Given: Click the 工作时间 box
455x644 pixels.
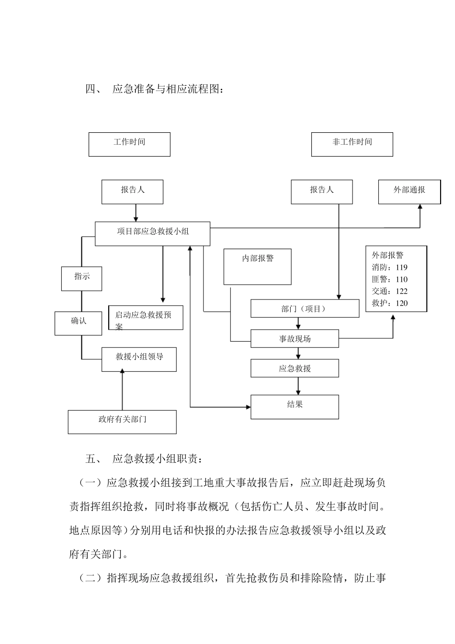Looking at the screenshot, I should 129,144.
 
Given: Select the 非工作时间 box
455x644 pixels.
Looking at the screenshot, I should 352,144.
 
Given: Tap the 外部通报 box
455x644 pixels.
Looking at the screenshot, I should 409,192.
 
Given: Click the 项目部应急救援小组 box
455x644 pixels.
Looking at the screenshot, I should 152,234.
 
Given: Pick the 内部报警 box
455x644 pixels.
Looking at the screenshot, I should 258,266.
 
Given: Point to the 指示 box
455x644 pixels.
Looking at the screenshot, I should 81,278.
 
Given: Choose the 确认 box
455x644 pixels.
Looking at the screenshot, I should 78,323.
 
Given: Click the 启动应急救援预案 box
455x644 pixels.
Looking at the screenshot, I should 146,317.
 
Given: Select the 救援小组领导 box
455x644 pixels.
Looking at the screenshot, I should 139,359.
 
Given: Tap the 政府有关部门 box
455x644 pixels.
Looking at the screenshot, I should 122,422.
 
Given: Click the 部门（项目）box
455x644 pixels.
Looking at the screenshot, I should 305,309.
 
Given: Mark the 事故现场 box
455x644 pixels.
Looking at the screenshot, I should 295,338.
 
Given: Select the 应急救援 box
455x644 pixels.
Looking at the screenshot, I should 295,368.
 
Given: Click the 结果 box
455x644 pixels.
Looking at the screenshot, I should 295,406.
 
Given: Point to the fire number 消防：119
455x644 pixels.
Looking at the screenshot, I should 389,267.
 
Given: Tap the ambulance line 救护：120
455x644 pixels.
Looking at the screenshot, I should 389,303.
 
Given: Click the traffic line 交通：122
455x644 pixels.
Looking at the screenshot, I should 389,291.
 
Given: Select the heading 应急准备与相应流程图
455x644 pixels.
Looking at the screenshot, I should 168,89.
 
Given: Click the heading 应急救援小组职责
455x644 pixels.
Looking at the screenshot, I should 158,459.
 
